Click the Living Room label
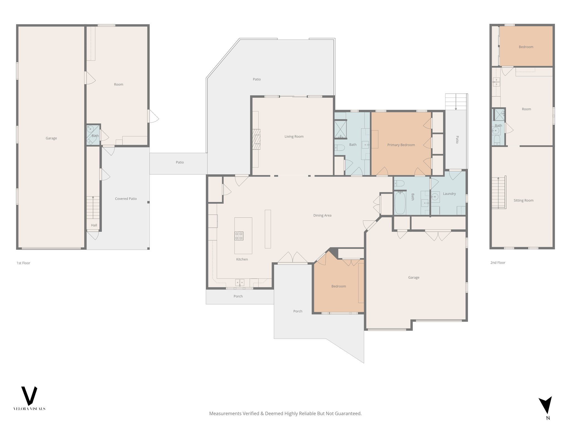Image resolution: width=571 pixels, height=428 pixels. [x=294, y=137]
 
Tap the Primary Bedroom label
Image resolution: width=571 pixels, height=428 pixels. [x=401, y=145]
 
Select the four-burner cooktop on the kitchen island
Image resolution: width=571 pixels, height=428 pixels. [x=239, y=236]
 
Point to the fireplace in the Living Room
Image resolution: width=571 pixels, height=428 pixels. [x=256, y=139]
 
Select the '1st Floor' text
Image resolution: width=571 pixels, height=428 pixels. [x=23, y=263]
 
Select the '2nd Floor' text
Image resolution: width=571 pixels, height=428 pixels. [x=498, y=262]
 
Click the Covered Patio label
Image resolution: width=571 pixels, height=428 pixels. [x=126, y=199]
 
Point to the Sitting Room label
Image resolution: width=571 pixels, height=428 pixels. [x=523, y=200]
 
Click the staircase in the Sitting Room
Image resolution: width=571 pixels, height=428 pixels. [x=499, y=193]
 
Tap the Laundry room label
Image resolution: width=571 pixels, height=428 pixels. [x=449, y=194]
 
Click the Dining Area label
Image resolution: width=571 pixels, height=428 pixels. [x=322, y=215]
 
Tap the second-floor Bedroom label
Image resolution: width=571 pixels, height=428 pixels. [x=526, y=47]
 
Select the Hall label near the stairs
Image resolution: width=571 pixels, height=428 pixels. [x=94, y=225]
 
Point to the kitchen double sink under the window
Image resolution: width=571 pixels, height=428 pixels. [x=239, y=283]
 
